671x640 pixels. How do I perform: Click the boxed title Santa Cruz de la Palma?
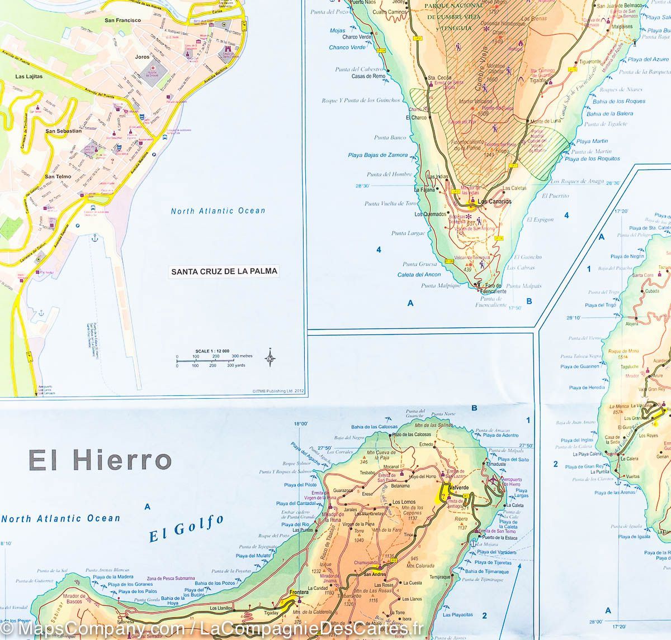click(x=224, y=271)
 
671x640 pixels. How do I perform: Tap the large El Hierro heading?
click(x=100, y=461)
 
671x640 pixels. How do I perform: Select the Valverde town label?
click(x=458, y=488)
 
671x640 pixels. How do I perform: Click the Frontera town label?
click(x=296, y=593)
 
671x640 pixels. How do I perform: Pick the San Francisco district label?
click(x=122, y=20)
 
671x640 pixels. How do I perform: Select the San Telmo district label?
click(x=58, y=176)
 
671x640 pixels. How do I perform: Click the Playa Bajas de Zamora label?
click(x=378, y=155)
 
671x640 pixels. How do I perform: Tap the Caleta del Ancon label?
click(x=419, y=274)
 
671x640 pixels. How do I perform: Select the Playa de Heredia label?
click(x=587, y=387)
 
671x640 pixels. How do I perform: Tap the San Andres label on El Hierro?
click(x=375, y=574)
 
